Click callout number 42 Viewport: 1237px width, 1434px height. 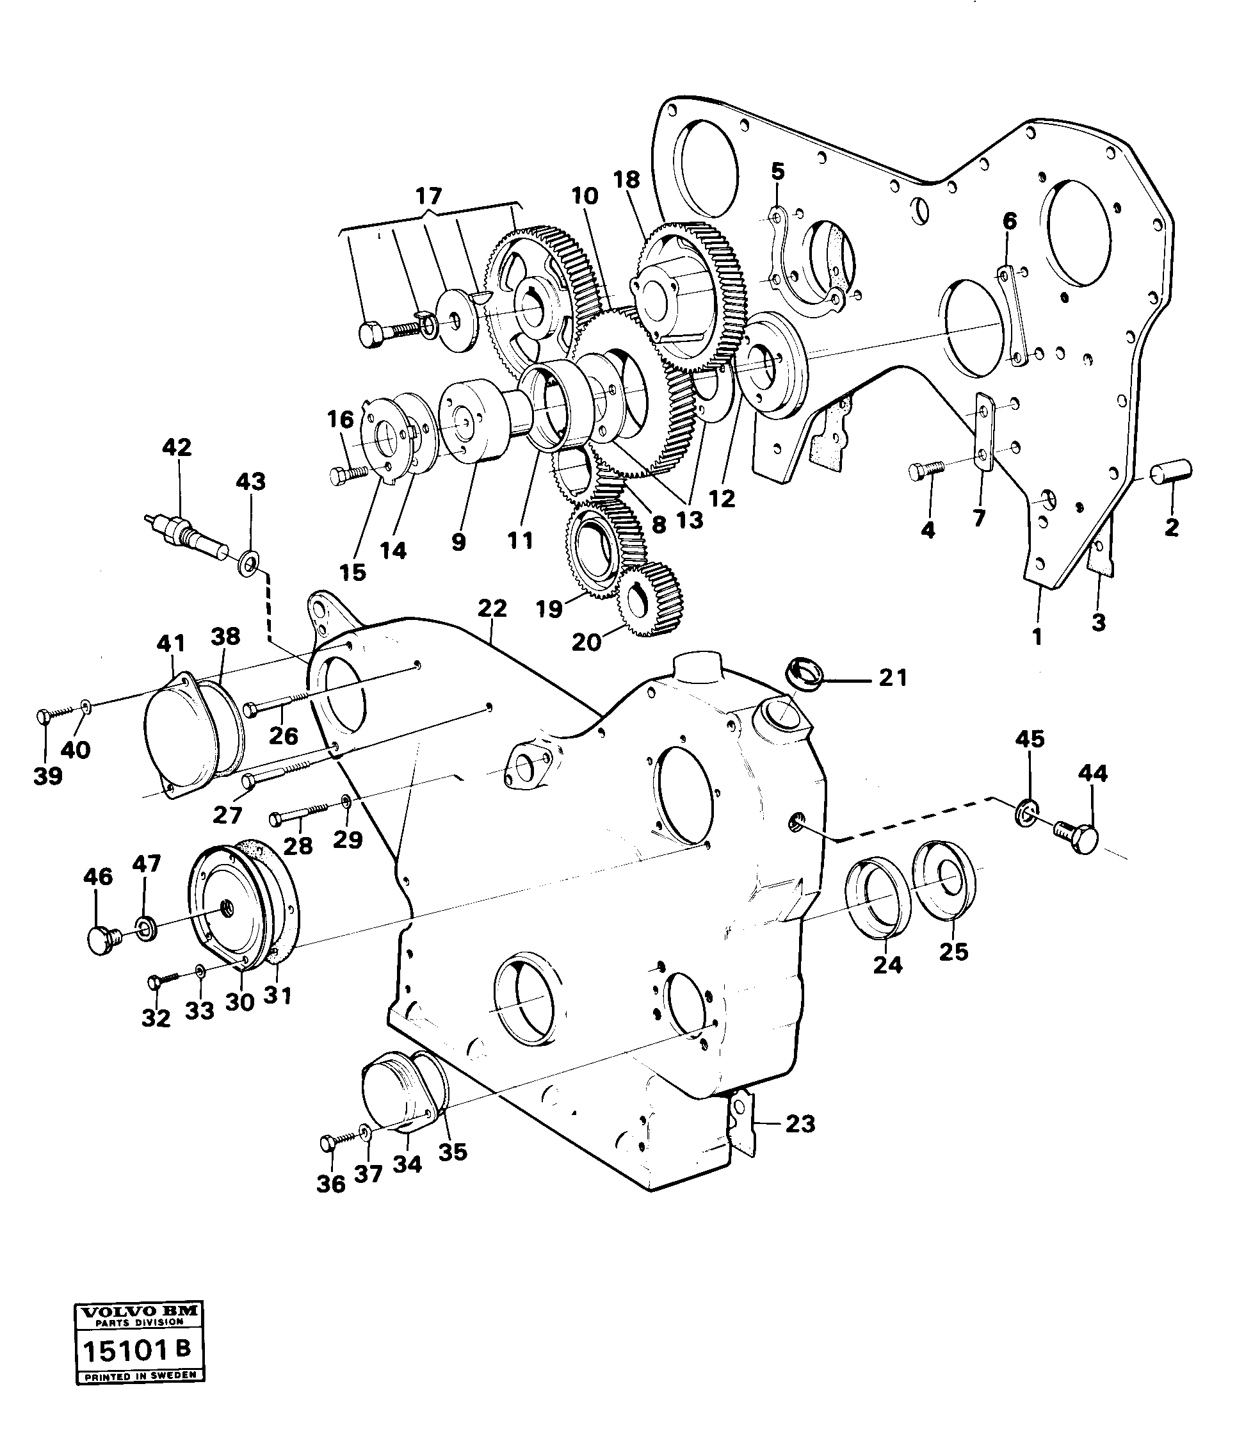tap(177, 447)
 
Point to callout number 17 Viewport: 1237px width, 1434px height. tap(428, 197)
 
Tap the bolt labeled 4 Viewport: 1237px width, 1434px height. tap(925, 470)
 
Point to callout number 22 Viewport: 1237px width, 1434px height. tap(492, 608)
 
